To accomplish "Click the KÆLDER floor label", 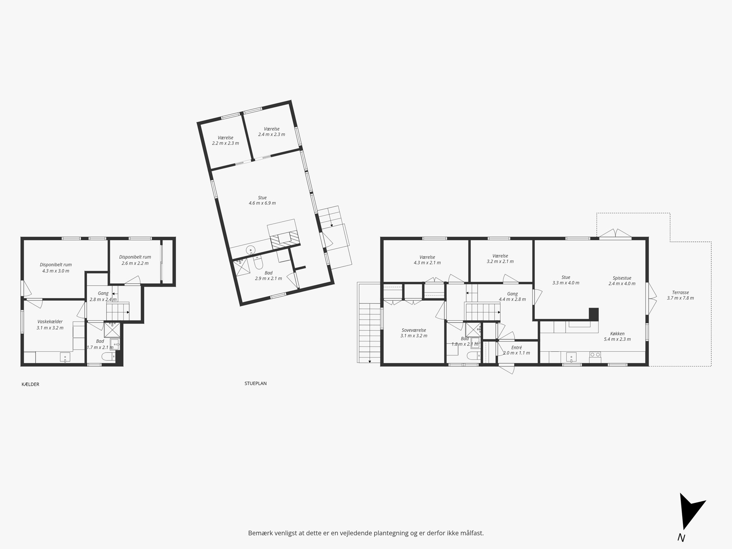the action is (x=30, y=384).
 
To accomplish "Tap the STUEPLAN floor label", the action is (x=255, y=384).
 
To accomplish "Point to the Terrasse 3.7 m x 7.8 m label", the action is (x=680, y=295).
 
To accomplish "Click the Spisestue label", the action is (x=622, y=278).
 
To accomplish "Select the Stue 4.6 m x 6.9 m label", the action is (x=262, y=200).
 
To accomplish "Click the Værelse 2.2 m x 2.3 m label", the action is (x=225, y=141).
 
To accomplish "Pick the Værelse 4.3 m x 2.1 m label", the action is (x=427, y=260).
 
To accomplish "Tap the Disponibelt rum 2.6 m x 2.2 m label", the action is (x=135, y=260).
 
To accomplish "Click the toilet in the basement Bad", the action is (x=109, y=356).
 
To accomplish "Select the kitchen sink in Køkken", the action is (x=571, y=357).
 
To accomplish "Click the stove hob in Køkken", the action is (x=595, y=355).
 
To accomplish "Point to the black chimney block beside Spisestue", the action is (x=594, y=314).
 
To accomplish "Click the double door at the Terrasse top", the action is (x=616, y=234).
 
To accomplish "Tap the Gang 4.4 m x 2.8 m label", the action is (x=512, y=296).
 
